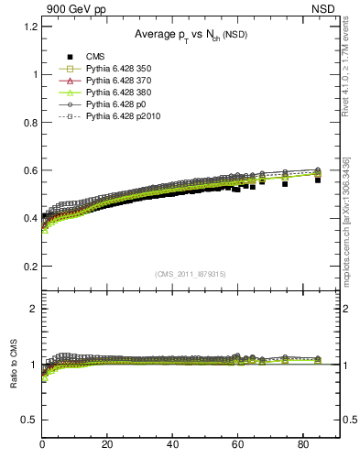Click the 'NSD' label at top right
click(x=328, y=8)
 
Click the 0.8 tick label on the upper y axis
click(x=30, y=123)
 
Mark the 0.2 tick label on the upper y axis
click(x=30, y=267)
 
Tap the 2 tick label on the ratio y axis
click(x=34, y=309)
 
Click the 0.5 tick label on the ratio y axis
click(x=30, y=420)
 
